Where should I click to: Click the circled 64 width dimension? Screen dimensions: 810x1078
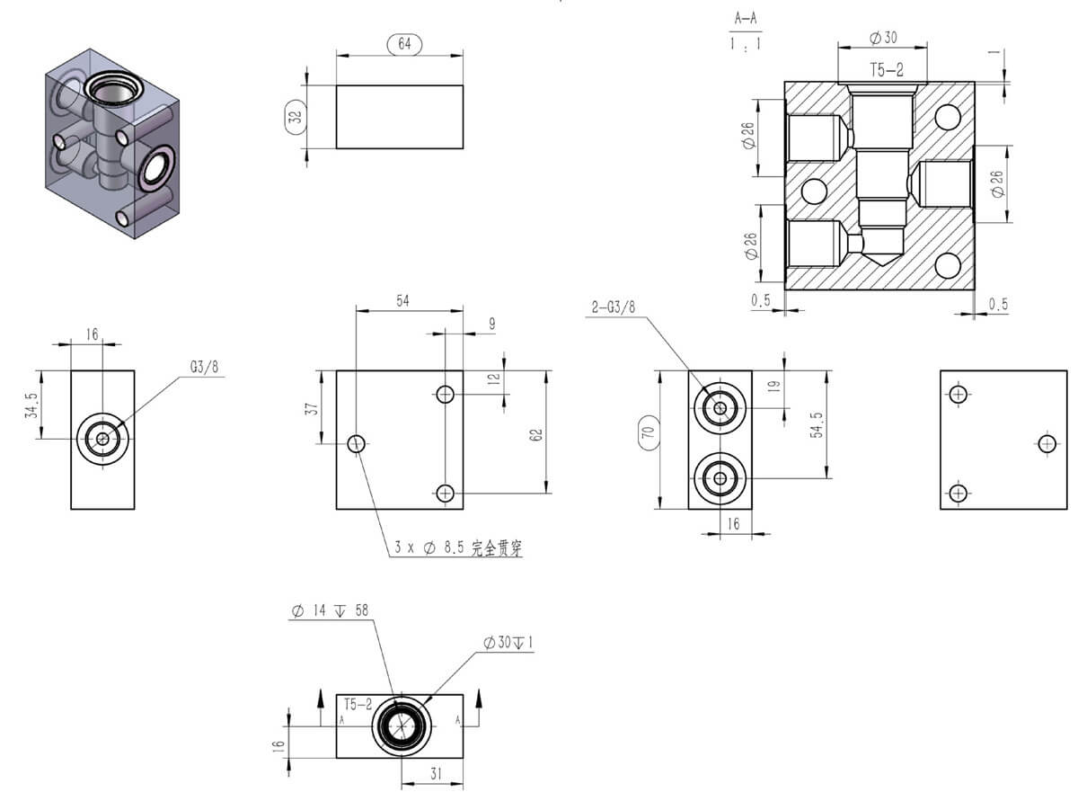pos(403,43)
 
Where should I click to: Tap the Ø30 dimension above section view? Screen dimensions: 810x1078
pos(883,37)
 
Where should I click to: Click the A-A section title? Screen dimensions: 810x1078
pos(746,18)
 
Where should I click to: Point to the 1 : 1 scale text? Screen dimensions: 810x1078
pos(746,42)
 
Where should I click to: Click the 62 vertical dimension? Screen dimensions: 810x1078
pos(536,434)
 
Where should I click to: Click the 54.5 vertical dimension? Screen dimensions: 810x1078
pos(817,425)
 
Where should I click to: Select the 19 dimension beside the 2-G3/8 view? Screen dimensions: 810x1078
pos(775,387)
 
